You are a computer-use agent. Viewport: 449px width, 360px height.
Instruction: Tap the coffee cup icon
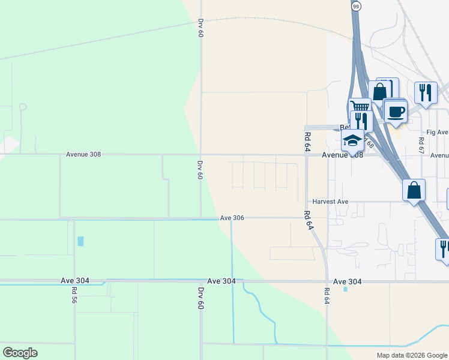tap(396, 111)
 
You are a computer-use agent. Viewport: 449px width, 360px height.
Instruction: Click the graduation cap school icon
tap(352, 141)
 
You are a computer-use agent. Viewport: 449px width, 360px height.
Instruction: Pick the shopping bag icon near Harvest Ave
tap(414, 190)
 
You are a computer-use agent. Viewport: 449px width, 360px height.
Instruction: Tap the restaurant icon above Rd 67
tap(426, 92)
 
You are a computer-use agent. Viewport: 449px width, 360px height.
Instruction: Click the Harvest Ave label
tap(330, 202)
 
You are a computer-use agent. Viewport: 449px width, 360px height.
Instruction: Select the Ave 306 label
tap(232, 218)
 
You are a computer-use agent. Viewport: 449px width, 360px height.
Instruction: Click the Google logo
tap(20, 353)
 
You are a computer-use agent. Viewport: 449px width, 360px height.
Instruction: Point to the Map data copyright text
tap(412, 355)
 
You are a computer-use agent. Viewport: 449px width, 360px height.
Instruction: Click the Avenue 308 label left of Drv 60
tap(83, 154)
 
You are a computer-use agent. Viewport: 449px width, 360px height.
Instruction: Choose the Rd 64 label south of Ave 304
tap(327, 295)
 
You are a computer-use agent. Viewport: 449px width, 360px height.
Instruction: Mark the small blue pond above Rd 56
tap(81, 241)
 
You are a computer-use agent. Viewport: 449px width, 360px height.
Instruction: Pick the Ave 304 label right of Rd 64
tap(348, 281)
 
